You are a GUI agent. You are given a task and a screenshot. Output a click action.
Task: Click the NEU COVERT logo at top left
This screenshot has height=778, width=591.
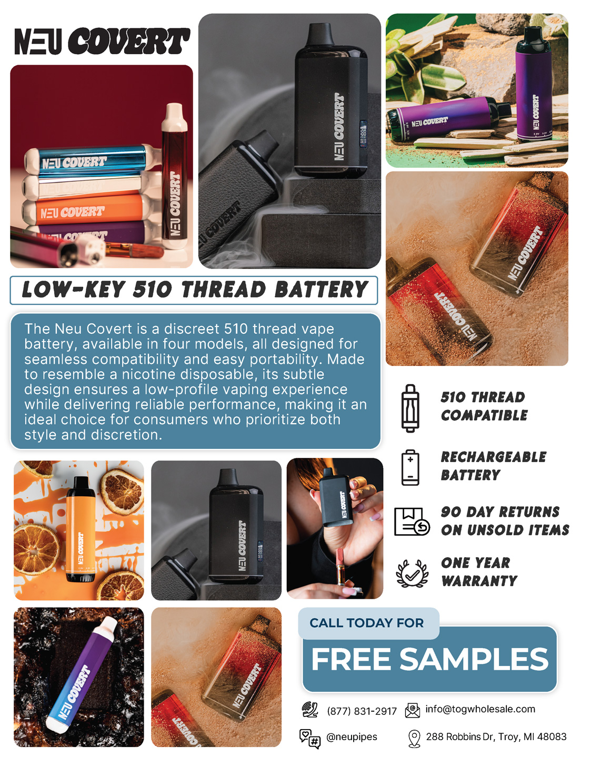[102, 41]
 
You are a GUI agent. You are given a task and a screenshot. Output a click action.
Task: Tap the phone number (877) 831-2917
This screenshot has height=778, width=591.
[362, 711]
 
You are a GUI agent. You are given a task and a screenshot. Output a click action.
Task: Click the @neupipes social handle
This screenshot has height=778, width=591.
[352, 736]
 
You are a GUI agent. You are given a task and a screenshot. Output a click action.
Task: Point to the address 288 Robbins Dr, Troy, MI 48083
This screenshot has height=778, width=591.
[496, 736]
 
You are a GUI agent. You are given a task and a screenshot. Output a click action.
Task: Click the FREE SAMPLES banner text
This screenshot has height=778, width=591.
[429, 659]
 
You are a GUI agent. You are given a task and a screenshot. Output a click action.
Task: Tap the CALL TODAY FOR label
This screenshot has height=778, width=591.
[366, 623]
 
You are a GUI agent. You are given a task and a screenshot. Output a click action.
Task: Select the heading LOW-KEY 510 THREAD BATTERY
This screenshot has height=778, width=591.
[194, 290]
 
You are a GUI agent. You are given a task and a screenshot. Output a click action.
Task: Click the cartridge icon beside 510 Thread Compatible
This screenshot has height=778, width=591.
[410, 408]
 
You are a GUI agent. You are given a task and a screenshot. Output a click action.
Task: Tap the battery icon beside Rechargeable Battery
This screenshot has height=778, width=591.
[410, 467]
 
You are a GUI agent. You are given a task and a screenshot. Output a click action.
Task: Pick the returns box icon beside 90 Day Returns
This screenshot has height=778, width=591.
[412, 521]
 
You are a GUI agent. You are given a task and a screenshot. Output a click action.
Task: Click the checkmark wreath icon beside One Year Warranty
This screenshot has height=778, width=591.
[412, 574]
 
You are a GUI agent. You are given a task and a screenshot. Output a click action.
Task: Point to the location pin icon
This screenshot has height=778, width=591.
[414, 739]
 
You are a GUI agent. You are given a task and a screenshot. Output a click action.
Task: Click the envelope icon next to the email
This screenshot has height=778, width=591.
[412, 711]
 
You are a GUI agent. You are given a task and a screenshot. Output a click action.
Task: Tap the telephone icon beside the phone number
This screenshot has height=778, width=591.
[310, 710]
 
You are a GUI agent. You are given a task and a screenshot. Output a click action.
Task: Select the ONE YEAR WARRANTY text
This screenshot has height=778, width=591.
[479, 572]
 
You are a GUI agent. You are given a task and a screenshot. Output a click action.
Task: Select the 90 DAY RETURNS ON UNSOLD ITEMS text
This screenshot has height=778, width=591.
[505, 520]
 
